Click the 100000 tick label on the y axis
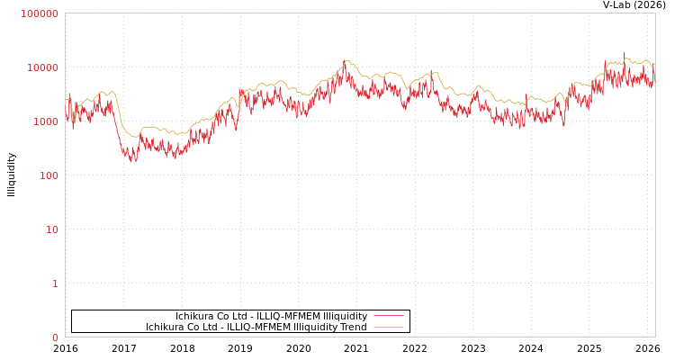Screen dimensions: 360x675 (x=40, y=13)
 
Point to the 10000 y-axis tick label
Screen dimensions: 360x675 (x=42, y=67)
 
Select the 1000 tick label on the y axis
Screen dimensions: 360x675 (x=45, y=121)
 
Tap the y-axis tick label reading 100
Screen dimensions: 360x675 (x=48, y=175)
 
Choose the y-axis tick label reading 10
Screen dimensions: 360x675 (x=51, y=229)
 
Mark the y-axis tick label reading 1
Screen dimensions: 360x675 (x=54, y=283)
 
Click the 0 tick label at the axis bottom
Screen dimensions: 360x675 (x=54, y=337)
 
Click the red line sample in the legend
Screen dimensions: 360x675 (x=388, y=316)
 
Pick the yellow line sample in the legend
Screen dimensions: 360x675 (x=388, y=327)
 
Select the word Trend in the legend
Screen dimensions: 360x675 (x=353, y=327)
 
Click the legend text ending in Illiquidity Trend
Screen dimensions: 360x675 (x=256, y=327)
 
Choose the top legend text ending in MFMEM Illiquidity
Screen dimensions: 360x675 (x=271, y=316)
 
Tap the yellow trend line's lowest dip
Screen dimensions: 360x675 (x=133, y=137)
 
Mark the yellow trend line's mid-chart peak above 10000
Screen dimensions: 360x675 (x=346, y=60)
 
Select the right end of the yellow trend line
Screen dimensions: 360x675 (x=654, y=64)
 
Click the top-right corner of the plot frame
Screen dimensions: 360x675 (x=655, y=13)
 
